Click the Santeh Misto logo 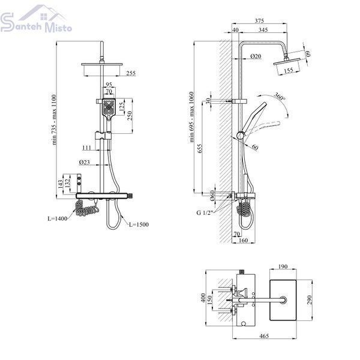click(36, 19)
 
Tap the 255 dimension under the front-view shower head click(131, 73)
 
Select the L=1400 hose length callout click(58, 218)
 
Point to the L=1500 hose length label click(139, 224)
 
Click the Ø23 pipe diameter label click(84, 163)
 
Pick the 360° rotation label click(280, 97)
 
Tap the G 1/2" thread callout click(205, 212)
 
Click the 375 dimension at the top click(259, 20)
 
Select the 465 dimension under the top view click(264, 336)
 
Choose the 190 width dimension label click(283, 266)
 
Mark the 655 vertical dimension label click(200, 149)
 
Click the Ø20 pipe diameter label click(256, 56)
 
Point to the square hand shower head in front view click(109, 109)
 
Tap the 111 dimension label click(87, 148)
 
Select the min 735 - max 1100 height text click(54, 119)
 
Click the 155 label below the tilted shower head click(289, 70)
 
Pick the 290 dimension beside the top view click(309, 300)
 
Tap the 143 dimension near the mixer click(60, 184)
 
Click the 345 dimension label click(263, 30)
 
